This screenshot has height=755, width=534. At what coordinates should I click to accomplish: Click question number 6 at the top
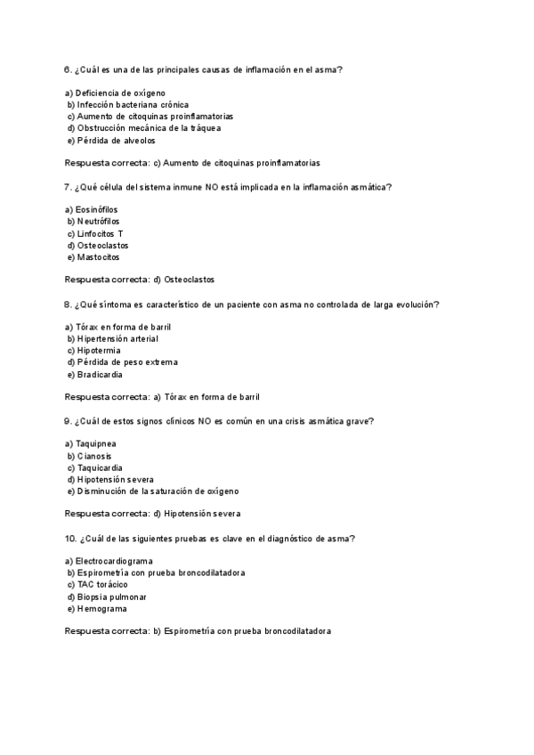[69, 69]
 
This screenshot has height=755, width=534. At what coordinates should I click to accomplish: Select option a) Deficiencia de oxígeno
[115, 93]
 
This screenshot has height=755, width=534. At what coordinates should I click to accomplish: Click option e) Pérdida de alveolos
[111, 140]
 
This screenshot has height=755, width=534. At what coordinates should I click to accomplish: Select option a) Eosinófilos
[93, 209]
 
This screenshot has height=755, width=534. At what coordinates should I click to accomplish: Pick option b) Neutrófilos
[93, 221]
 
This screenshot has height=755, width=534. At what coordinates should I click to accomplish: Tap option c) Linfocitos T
[95, 233]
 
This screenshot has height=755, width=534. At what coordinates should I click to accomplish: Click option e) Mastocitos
[93, 256]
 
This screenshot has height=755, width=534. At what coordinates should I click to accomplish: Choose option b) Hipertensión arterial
[113, 338]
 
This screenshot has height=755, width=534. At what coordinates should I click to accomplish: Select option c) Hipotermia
[94, 350]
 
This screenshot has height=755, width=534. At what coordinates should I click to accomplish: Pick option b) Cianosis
[89, 455]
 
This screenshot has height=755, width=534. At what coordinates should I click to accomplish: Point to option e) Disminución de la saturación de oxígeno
[153, 491]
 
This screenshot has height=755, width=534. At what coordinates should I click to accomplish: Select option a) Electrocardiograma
[109, 561]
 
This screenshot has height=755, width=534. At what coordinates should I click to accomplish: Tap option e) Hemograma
[97, 608]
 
